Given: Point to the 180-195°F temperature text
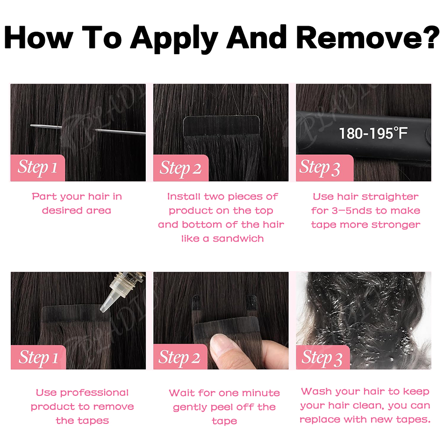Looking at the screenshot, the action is pos(373,133).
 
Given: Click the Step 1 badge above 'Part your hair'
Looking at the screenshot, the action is pos(38,168).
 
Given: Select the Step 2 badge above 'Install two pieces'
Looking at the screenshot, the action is pos(181,168).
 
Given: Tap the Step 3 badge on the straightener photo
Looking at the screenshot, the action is pos(324,168).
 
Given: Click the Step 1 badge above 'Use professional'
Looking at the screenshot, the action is pos(38,357).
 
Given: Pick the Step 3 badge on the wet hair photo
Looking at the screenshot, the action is pos(323,357).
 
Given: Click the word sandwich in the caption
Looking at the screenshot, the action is pos(238,238).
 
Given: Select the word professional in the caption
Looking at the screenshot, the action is pos(94,393).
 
